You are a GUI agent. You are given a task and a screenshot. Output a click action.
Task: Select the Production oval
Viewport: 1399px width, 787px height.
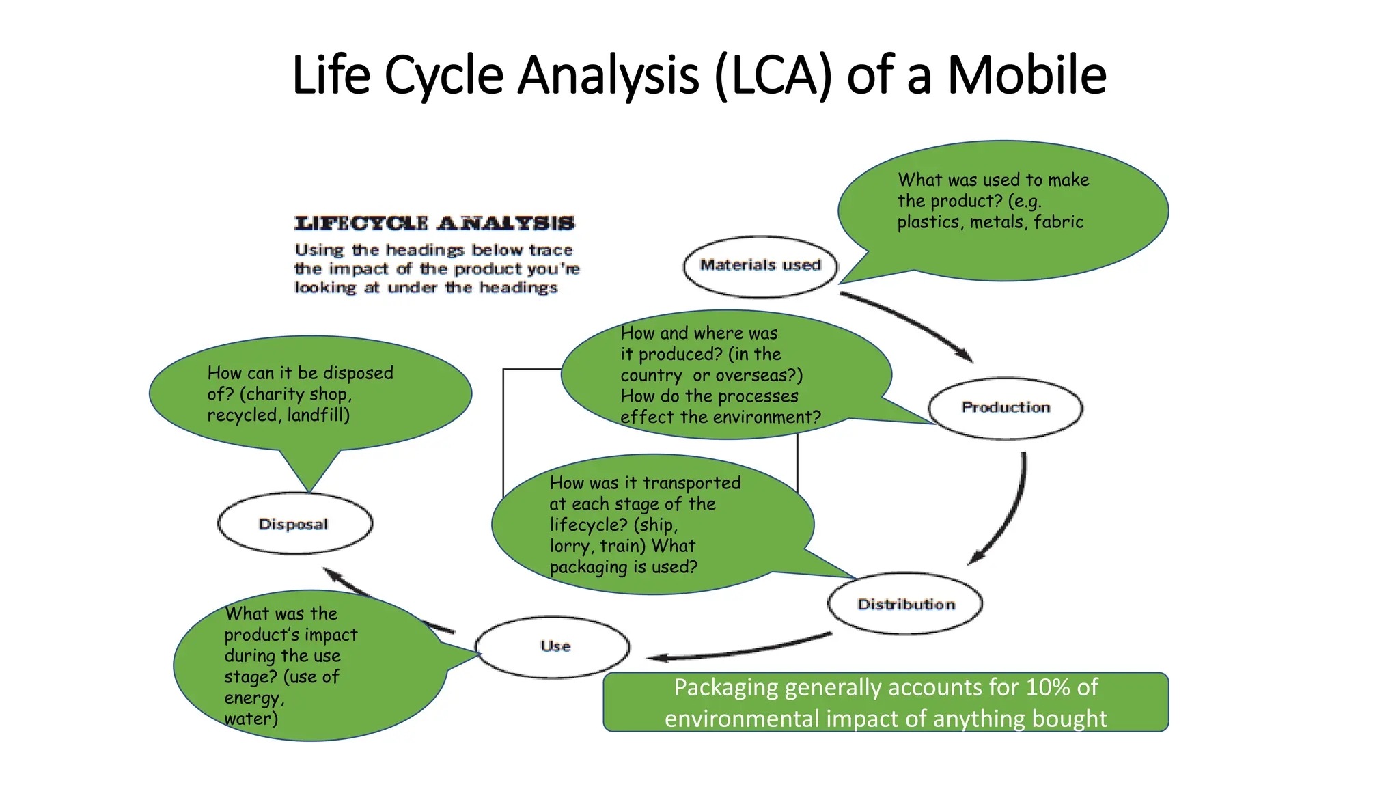pos(1006,408)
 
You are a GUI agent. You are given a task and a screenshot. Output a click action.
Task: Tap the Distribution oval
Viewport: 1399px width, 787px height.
pos(905,604)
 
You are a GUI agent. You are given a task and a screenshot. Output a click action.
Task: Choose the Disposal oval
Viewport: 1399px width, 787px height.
pos(294,524)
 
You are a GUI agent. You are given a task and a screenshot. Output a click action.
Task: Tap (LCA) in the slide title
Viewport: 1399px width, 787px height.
pos(773,75)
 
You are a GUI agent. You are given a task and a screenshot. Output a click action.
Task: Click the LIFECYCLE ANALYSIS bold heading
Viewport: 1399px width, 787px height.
pos(434,223)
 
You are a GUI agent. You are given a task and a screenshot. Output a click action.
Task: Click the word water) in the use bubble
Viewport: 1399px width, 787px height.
pos(251,719)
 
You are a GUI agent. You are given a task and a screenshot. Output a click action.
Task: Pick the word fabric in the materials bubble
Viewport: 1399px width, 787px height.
pos(1058,223)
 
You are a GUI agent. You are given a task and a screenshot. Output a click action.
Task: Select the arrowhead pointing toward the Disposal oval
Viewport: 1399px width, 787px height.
pos(332,573)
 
